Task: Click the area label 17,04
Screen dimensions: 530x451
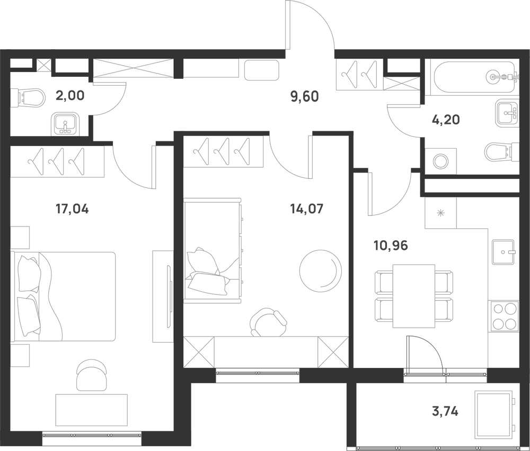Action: point(72,209)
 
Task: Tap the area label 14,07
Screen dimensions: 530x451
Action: point(306,209)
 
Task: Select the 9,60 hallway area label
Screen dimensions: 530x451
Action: point(305,97)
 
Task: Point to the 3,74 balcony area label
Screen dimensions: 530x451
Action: point(445,411)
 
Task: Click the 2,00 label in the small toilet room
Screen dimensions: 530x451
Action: point(70,95)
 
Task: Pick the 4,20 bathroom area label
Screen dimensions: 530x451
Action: point(446,120)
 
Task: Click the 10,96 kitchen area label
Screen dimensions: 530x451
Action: point(391,246)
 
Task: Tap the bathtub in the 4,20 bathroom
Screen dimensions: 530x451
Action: point(472,77)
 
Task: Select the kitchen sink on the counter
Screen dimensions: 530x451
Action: point(503,252)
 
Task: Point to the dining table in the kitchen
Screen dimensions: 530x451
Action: point(414,296)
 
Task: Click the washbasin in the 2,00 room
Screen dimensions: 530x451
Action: point(66,124)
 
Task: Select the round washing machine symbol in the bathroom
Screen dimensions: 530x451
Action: point(440,161)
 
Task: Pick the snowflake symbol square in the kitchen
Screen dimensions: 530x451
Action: point(440,213)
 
